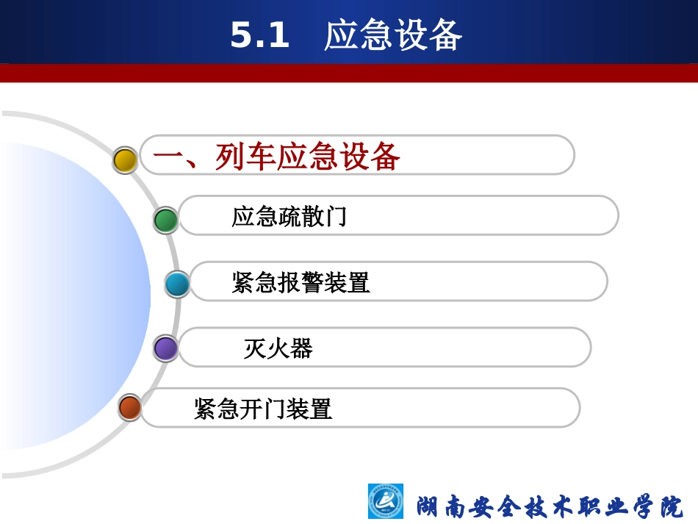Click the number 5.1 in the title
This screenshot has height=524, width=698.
pos(260,35)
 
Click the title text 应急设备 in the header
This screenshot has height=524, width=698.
pos(393,35)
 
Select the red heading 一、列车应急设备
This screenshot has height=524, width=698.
pos(276,157)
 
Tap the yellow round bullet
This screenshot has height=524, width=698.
pos(125,160)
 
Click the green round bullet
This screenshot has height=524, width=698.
pos(165,220)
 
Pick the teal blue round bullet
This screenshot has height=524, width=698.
pos(176,284)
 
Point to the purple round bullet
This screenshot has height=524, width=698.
pos(165,348)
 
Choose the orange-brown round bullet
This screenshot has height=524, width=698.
pos(130,407)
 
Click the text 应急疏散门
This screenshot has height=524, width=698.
pos(289,217)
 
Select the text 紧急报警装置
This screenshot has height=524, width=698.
pos(301,282)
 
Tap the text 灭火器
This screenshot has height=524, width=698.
pos(278,348)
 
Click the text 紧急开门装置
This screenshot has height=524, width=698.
pos(263,409)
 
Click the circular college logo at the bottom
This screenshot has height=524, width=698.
pos(386,503)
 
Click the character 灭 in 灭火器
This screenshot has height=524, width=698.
pos(255,348)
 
